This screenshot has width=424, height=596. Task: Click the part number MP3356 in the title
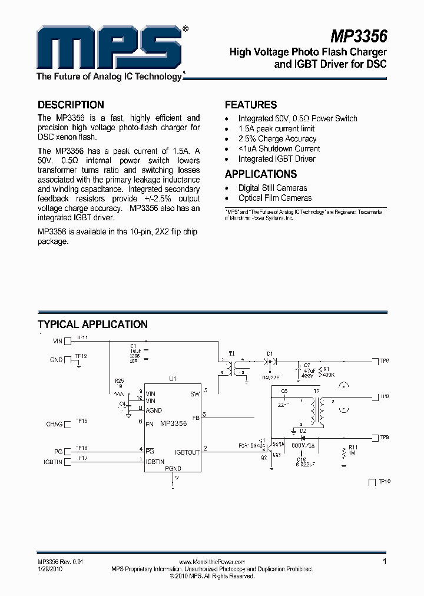pos(358,37)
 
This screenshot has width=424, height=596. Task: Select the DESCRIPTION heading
pos(71,105)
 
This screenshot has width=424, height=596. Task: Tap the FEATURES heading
pos(251,105)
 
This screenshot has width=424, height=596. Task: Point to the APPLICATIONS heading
pos(261,174)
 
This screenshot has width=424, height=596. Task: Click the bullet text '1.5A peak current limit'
pos(276,128)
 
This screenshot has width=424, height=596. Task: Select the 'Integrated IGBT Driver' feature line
pos(277,159)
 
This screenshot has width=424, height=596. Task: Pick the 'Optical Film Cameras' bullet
pos(275,198)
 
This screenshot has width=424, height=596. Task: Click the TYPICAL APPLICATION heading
pos(92,325)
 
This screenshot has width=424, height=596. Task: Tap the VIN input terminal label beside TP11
pos(57,340)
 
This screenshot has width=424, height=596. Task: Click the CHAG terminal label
pos(54,424)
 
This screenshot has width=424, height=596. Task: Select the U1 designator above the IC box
pos(173,379)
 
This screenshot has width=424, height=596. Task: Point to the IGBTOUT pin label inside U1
pos(187,452)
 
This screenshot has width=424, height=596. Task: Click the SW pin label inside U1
pos(195,394)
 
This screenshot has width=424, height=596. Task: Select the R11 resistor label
pos(353,448)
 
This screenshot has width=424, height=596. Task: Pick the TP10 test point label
pos(385,482)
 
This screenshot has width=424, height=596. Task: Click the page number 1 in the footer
pos(385,562)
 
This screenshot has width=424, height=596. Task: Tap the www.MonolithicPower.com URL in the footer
pos(211,562)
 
